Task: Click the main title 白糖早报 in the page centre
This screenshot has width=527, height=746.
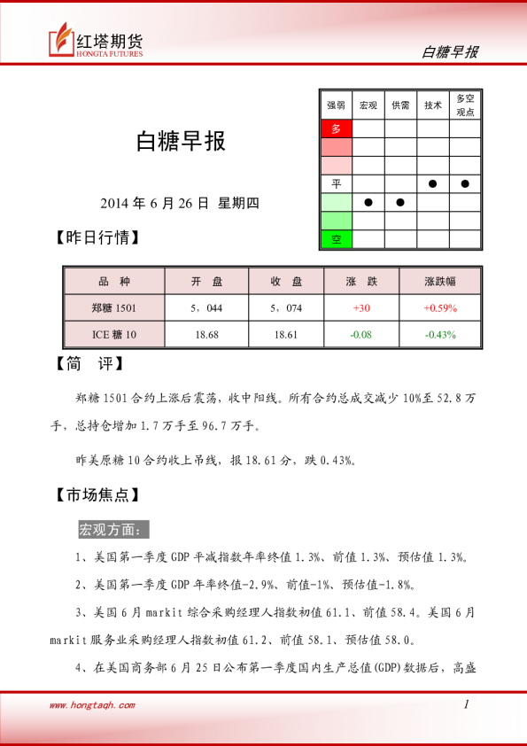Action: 180,142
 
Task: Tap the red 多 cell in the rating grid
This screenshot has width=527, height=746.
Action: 336,128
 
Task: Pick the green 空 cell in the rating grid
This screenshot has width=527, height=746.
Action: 336,239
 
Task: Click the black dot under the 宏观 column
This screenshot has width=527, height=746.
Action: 368,202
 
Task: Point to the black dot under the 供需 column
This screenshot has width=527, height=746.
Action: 400,202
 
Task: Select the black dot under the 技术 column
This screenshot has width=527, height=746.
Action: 433,183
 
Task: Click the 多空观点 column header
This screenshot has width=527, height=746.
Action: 465,105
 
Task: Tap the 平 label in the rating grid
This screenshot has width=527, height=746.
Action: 336,183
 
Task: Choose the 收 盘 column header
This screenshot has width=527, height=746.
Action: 287,282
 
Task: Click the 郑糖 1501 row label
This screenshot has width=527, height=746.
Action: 114,307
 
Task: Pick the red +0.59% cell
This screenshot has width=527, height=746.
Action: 439,307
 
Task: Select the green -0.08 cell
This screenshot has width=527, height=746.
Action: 360,334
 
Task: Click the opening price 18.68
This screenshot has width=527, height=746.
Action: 206,334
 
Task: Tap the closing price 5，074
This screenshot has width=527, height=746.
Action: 287,307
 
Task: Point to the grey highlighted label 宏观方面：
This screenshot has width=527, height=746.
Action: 114,529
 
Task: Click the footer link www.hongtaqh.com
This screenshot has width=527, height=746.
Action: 92,705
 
